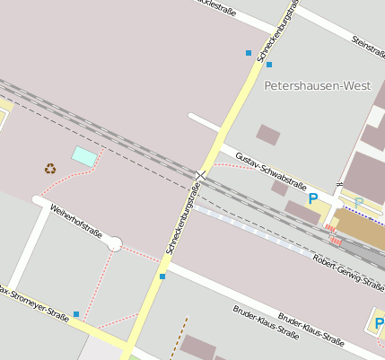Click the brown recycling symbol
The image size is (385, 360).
coord(49,168)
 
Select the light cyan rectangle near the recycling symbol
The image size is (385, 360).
coord(84,156)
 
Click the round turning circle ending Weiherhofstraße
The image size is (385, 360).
coord(114,243)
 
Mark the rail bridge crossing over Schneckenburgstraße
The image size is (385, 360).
coord(203,174)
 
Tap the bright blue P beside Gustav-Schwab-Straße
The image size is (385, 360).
coord(312,198)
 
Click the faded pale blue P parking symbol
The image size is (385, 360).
coord(358,202)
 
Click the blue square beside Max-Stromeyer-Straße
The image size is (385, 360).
coord(76,314)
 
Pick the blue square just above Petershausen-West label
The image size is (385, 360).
coord(268,65)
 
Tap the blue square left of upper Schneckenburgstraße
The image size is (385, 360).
coord(249,53)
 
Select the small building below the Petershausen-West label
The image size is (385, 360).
coord(267,135)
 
